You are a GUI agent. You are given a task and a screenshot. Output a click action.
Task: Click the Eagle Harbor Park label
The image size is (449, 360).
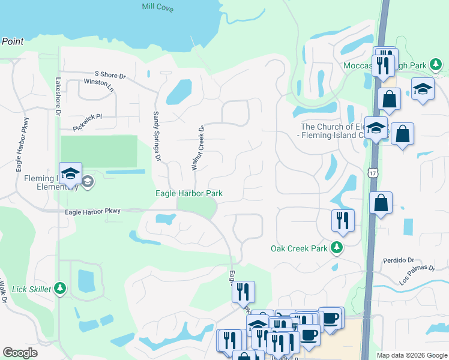click(189, 193)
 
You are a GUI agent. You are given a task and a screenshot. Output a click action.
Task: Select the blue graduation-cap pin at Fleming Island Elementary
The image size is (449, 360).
click(70, 174)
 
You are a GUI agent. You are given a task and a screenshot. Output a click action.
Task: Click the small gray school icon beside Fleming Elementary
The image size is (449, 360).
click(88, 181)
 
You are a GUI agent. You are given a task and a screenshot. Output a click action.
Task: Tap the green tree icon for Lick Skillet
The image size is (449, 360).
click(59, 289)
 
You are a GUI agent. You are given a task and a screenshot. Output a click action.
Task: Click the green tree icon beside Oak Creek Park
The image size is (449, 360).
click(337, 248)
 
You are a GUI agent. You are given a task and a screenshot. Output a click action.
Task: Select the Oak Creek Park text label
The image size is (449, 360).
click(300, 248)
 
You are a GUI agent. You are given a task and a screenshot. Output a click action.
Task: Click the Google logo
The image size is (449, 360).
click(20, 353)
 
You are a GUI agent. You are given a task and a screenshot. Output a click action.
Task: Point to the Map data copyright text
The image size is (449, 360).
click(412, 355)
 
